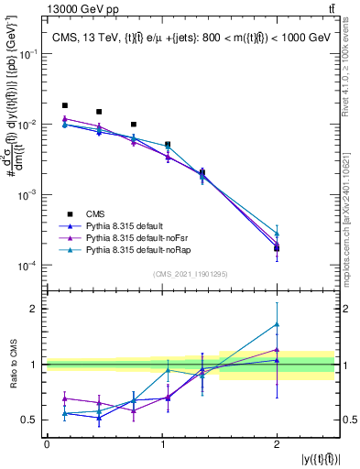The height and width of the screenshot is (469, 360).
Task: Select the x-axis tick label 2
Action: click(277, 443)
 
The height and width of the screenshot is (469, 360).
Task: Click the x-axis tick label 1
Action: click(161, 443)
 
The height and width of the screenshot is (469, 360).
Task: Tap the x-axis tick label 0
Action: click(47, 443)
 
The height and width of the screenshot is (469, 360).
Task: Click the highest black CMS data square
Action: click(64, 106)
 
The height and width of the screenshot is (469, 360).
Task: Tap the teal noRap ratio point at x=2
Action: click(277, 324)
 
